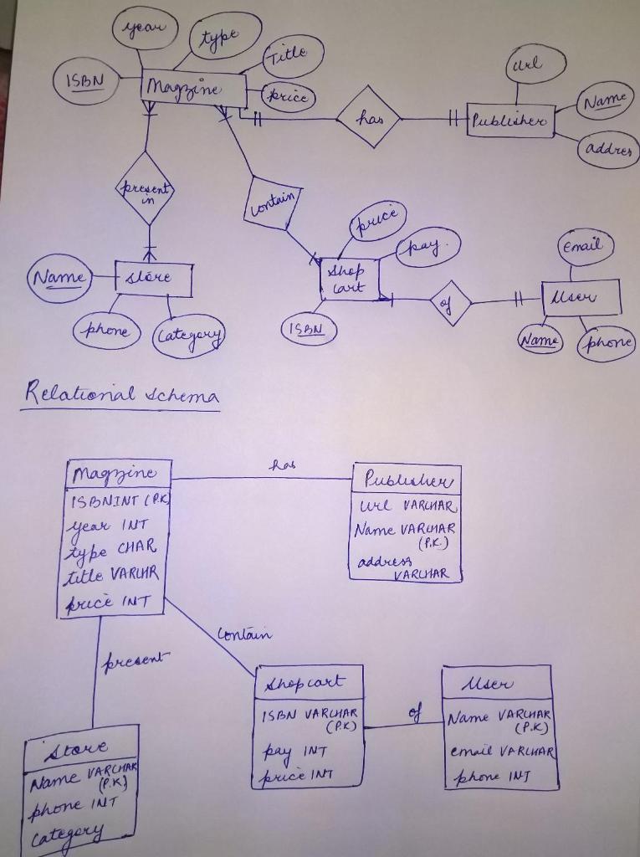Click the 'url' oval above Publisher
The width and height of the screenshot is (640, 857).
pos(535,64)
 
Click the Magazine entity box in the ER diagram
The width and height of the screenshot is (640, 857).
pos(194,89)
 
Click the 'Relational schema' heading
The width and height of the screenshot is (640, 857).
pos(120,393)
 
